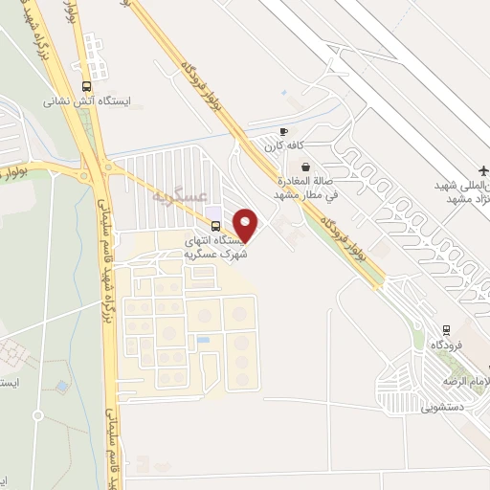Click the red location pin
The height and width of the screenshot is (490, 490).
(247, 225)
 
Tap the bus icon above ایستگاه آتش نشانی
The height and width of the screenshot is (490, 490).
(88, 83)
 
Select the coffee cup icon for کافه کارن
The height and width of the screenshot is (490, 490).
(283, 131)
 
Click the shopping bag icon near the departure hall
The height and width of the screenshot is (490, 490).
(305, 167)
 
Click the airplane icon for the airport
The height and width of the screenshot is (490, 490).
(482, 169)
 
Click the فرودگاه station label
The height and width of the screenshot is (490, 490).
(446, 344)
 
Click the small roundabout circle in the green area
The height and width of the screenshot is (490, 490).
(37, 415)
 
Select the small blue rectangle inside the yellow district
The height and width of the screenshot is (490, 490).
(202, 340)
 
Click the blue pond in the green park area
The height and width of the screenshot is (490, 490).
(62, 386)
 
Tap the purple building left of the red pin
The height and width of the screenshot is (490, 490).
(213, 212)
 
